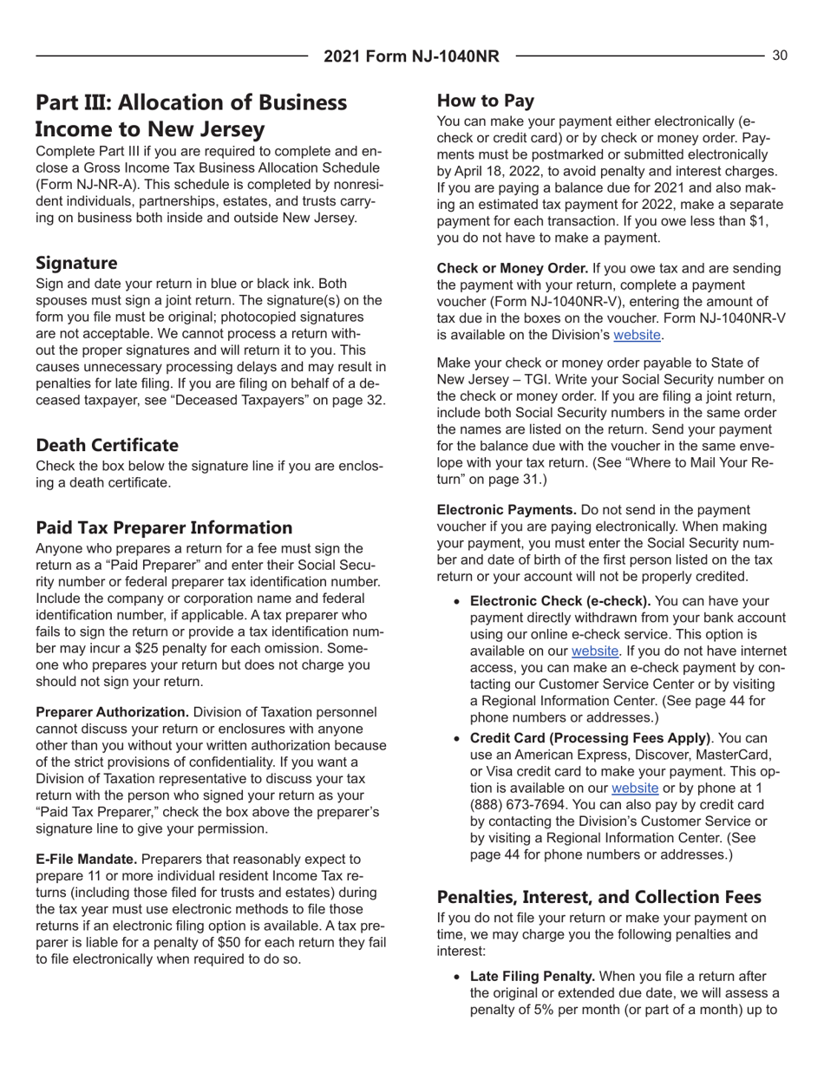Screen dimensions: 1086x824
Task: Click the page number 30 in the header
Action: tap(779, 56)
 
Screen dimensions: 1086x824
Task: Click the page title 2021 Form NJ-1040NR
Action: tap(412, 57)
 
